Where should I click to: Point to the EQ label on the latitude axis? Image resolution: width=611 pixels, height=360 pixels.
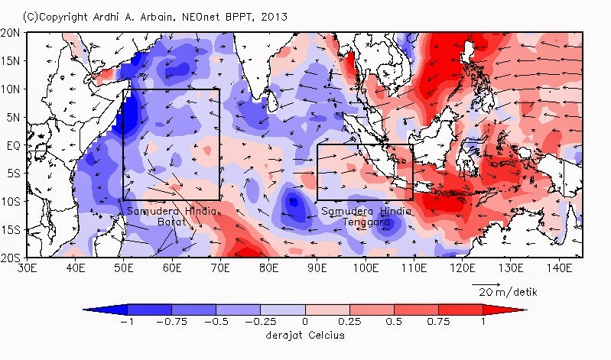(x=12, y=145)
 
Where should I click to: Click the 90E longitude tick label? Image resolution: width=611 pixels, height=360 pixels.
(x=317, y=269)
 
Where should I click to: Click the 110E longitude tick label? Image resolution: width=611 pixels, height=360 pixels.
(x=413, y=269)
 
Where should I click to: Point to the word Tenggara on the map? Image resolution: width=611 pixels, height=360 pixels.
(x=357, y=221)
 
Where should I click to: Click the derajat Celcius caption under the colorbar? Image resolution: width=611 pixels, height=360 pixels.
(x=304, y=336)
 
